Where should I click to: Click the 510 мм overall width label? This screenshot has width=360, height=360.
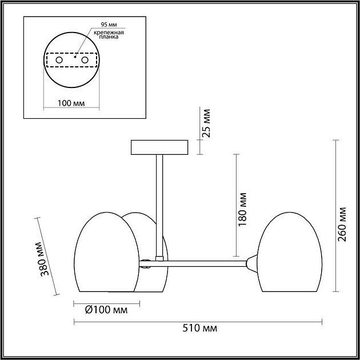click(199, 329)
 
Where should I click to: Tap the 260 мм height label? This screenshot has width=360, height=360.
click(342, 225)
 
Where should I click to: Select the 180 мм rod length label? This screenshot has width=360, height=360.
click(242, 209)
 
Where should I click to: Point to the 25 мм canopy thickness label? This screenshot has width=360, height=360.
click(206, 123)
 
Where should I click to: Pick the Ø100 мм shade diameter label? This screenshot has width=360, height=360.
click(106, 310)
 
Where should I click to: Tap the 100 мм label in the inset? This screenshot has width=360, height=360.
click(71, 103)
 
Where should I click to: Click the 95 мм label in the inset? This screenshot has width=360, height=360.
click(109, 25)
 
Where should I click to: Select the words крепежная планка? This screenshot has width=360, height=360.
click(109, 35)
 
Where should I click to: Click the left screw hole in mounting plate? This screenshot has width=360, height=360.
click(59, 60)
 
